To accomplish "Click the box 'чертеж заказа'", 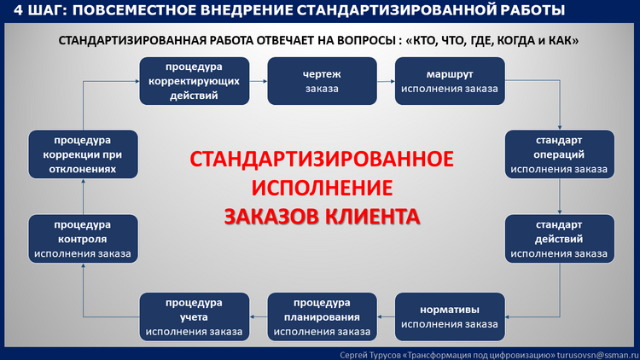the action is pos(322,81).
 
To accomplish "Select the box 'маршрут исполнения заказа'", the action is pos(450,81).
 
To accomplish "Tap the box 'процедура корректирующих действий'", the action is pos(195,81).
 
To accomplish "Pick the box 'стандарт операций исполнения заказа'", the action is pos(560,154).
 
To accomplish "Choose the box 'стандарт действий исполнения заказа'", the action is pos(560,239).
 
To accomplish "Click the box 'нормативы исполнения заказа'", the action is pos(450,316).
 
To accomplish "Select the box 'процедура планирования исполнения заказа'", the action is pos(322,316).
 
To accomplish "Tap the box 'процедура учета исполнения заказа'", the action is pos(195,316).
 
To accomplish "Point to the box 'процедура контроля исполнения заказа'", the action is pos(84,239).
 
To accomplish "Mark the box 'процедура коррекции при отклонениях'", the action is pos(84,154).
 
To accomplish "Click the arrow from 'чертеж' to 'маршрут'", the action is pos(386,81).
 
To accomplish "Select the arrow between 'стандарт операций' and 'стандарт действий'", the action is pos(560,196).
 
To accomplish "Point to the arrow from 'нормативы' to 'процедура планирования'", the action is pos(386,316).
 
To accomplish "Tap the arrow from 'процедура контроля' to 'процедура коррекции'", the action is pos(84,196).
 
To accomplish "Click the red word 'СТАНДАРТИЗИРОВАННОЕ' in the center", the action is pos(322,159).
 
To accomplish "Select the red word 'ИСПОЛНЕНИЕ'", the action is pos(322,188).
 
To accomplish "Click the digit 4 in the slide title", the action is pos(18,9).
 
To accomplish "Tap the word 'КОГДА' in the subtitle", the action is pos(515,40).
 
